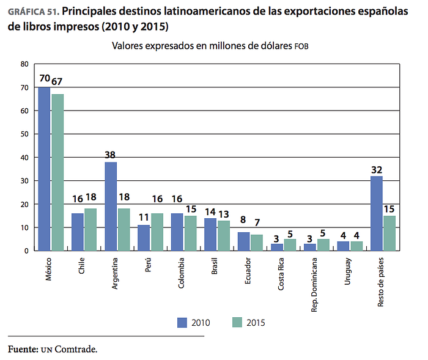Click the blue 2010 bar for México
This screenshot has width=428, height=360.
tap(44, 169)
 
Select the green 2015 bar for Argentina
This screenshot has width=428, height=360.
tap(124, 230)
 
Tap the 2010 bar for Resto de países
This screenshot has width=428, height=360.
tap(377, 213)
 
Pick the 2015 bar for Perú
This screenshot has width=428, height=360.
tap(157, 232)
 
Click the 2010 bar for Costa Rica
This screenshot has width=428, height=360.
tap(277, 248)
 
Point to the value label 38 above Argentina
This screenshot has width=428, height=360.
tap(110, 155)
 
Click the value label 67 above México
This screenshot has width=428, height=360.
tap(57, 81)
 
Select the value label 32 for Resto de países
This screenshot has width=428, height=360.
tap(377, 170)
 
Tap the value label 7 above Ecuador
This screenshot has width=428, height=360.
tap(257, 222)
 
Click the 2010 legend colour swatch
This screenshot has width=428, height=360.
tap(182, 322)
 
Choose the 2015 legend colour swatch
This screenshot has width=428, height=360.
tap(237, 322)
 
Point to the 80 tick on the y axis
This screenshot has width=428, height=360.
tap(24, 64)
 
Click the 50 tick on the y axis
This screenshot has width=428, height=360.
tap(24, 134)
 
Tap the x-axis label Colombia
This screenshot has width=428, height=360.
tap(181, 273)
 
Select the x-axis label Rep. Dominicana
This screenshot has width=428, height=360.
tap(314, 285)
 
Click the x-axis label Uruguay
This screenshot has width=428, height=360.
tap(347, 271)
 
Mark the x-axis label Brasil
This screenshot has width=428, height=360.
tap(215, 266)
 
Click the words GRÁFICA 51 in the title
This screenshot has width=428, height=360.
tap(34, 12)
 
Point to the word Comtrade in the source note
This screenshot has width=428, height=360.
tap(76, 349)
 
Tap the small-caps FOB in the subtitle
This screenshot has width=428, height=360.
tap(301, 46)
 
